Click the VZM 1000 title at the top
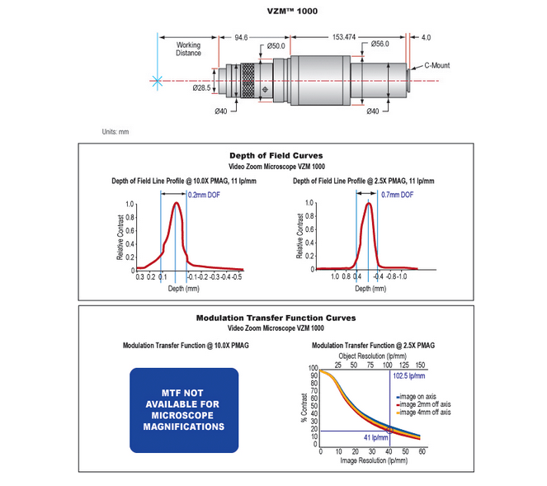coord(273,11)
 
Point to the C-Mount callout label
coord(438,64)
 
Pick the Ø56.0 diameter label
coord(380,44)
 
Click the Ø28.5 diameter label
coord(201,87)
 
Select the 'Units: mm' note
coord(116,132)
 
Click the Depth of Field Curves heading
coord(276,155)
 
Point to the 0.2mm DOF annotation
coord(205,195)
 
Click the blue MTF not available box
coord(183,410)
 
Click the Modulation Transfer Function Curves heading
coord(276,318)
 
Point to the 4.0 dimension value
coord(426,37)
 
